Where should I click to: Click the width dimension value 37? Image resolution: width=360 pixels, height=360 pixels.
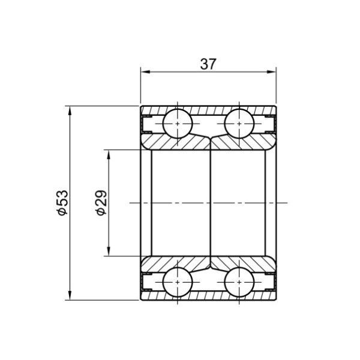pyautogui.click(x=208, y=64)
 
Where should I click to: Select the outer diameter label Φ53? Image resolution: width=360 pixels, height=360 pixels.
pyautogui.click(x=63, y=203)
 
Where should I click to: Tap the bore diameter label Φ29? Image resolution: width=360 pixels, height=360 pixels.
pyautogui.click(x=101, y=203)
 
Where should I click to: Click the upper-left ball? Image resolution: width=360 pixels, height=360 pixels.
pyautogui.click(x=177, y=124)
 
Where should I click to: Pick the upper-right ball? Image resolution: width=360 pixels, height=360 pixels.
pyautogui.click(x=239, y=124)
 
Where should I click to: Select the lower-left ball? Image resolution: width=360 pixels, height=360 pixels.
pyautogui.click(x=177, y=282)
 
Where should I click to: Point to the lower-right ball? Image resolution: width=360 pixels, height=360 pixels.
pyautogui.click(x=239, y=282)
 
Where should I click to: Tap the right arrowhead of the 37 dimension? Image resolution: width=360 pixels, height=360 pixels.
pyautogui.click(x=271, y=72)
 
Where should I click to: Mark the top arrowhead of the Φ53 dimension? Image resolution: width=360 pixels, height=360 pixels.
pyautogui.click(x=70, y=111)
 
